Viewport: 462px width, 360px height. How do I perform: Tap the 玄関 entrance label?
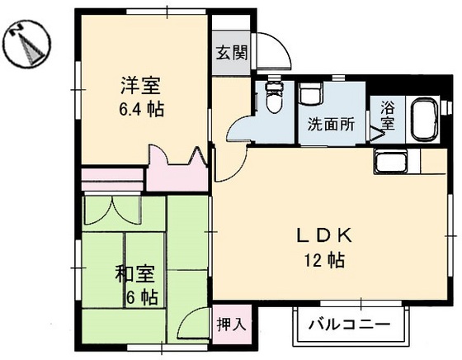tap(232, 54)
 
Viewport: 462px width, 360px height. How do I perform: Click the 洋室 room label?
tap(139, 86)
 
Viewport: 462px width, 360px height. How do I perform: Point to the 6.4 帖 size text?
tap(140, 108)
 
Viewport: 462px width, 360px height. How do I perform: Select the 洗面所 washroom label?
tap(331, 126)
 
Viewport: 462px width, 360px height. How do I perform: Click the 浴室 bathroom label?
tap(387, 116)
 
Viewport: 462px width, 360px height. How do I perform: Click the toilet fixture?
tap(274, 98)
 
